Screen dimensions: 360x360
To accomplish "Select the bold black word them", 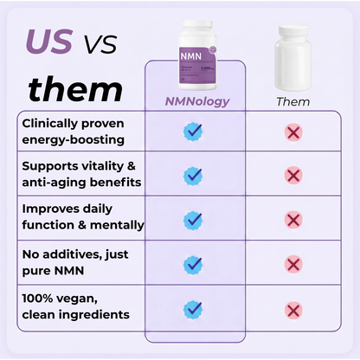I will pos(75,88).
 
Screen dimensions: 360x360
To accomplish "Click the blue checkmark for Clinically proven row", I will pos(194,132).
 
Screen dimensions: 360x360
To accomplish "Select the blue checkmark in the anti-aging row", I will pos(194,176).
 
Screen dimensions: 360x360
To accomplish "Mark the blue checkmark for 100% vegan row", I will pos(194,308).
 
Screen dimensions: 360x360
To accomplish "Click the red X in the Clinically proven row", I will pos(292,132).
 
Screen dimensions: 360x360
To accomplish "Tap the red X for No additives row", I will pos(292,264).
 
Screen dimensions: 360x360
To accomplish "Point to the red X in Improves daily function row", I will pos(292,220).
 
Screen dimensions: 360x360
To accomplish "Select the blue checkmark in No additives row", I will pos(194,264).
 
